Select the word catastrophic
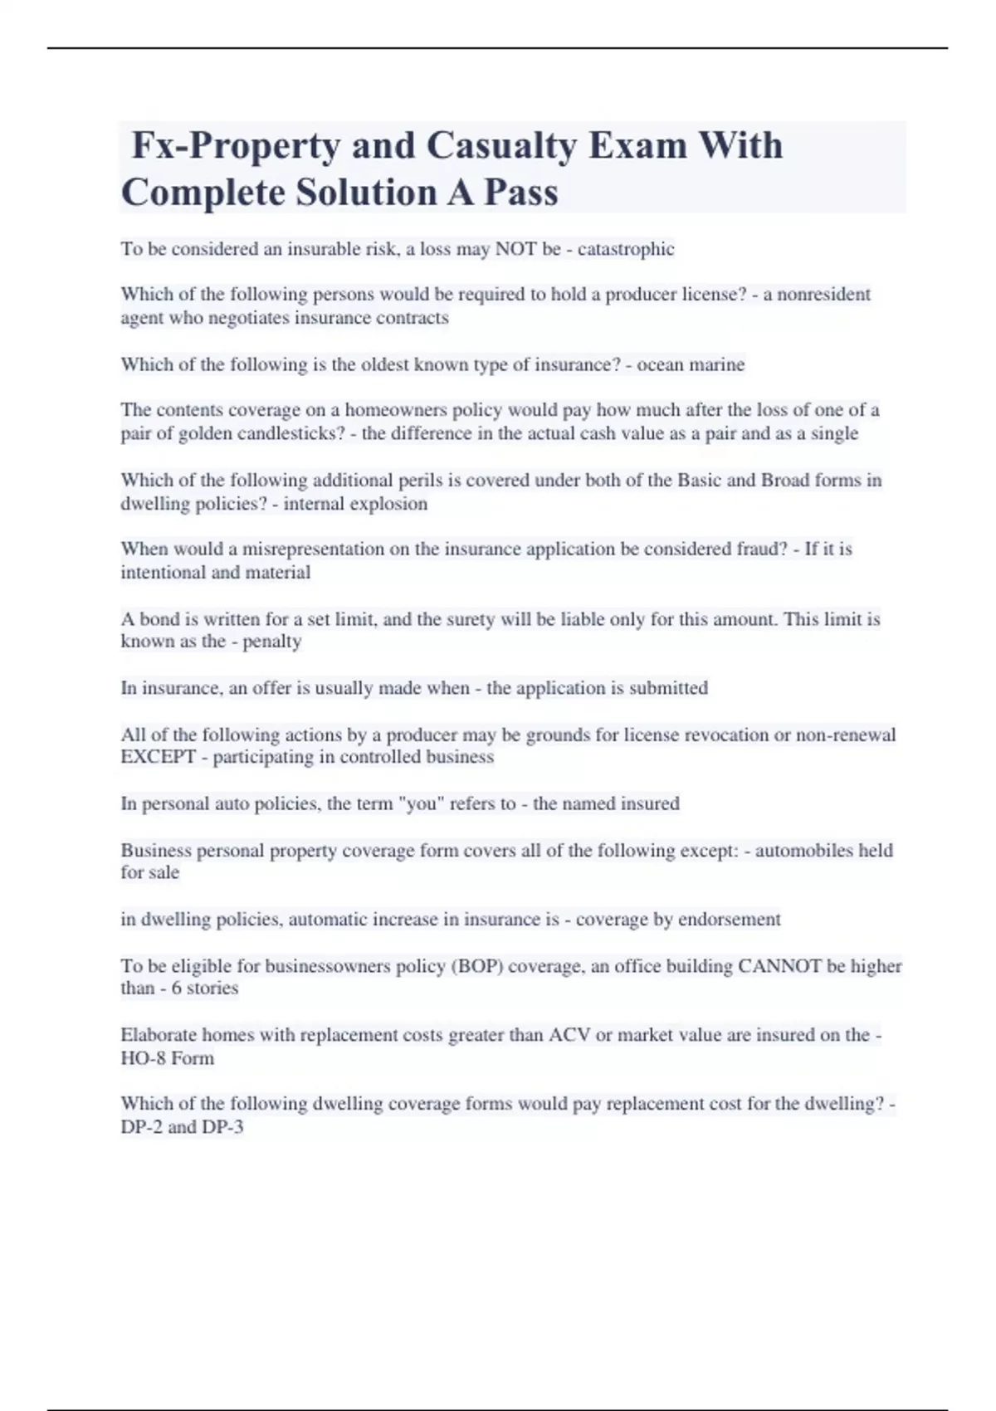[626, 249]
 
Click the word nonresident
[823, 295]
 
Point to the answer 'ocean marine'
[691, 364]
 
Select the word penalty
[271, 641]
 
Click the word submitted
[668, 688]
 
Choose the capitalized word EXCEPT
[159, 757]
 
